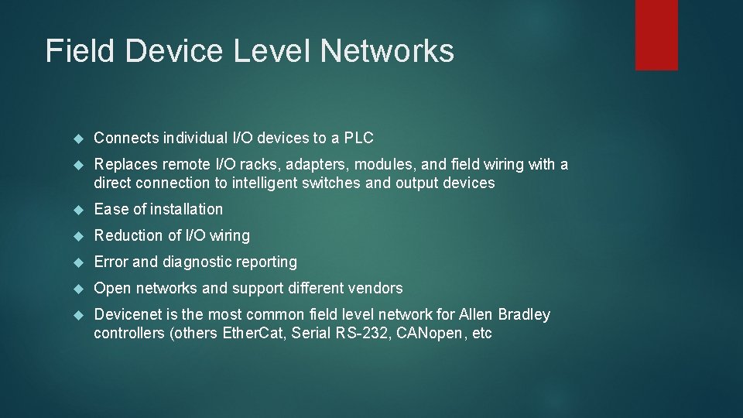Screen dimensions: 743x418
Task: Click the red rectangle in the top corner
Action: coord(656,35)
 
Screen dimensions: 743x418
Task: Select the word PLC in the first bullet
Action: coord(358,139)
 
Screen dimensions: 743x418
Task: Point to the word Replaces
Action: coord(125,164)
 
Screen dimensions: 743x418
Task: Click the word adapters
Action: coord(290,164)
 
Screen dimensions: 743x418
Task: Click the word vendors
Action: coord(375,288)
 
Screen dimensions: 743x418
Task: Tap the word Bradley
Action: coord(524,314)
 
